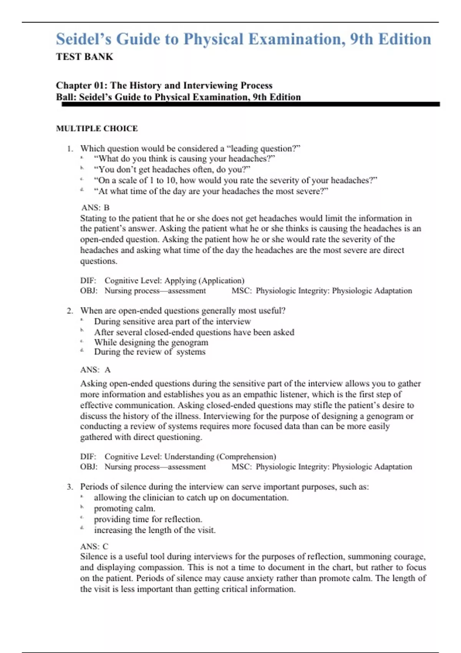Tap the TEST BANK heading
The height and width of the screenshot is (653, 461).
pos(85,57)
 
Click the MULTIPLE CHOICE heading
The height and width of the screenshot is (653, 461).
pos(97,128)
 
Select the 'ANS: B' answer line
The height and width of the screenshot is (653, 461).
pos(95,208)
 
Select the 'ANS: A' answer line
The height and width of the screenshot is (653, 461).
pos(95,370)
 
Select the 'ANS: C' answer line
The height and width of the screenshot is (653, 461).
pos(94,546)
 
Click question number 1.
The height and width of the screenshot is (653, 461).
pos(70,149)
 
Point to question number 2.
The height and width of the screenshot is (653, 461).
pos(70,311)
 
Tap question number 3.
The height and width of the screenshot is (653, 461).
pos(70,487)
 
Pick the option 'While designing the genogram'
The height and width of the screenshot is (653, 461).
pos(151,342)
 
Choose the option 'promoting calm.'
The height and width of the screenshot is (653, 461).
pos(124,509)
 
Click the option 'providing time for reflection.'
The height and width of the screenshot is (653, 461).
pos(148,519)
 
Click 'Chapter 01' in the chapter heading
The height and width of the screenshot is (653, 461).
pos(79,85)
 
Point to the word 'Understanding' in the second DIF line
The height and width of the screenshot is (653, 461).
pos(189,457)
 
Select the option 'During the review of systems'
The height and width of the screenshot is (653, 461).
pos(149,352)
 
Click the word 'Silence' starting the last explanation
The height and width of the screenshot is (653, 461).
pos(94,557)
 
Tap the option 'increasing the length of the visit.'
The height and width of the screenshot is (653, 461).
pos(154,530)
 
